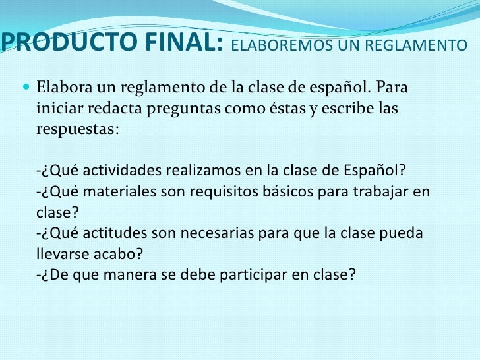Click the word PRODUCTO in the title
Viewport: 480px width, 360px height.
(x=69, y=42)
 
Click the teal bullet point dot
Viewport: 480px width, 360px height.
(x=26, y=86)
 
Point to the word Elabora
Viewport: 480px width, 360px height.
(x=65, y=87)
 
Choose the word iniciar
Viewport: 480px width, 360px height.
(x=60, y=107)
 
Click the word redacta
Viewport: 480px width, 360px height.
(x=115, y=107)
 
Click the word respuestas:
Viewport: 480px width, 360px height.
(x=77, y=129)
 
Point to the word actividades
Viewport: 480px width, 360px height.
(x=122, y=170)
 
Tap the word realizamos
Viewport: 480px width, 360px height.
(x=203, y=170)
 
